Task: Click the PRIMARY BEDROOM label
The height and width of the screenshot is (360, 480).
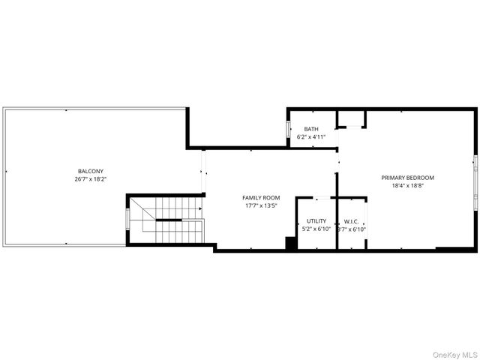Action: pyautogui.click(x=407, y=178)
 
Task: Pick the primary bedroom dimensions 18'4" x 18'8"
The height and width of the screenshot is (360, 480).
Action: pyautogui.click(x=407, y=187)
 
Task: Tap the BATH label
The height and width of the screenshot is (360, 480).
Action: pyautogui.click(x=310, y=129)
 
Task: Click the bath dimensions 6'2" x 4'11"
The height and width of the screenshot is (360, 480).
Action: pyautogui.click(x=310, y=137)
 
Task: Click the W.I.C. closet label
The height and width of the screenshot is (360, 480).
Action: pyautogui.click(x=351, y=221)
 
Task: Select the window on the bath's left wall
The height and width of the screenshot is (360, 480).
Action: pyautogui.click(x=289, y=129)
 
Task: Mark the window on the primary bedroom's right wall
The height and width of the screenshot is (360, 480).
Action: pyautogui.click(x=475, y=179)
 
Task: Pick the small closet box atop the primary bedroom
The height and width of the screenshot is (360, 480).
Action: pyautogui.click(x=351, y=119)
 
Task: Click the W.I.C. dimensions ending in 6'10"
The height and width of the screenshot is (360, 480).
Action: pyautogui.click(x=351, y=229)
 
